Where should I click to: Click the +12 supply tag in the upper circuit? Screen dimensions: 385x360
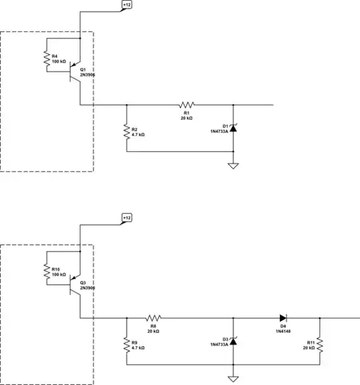(x=127, y=5)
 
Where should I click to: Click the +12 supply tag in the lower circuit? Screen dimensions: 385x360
(x=127, y=218)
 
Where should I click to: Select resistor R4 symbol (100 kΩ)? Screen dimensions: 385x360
(x=47, y=61)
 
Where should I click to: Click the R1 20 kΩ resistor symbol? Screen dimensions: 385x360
(x=186, y=105)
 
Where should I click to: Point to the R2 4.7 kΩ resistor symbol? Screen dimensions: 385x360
(x=126, y=131)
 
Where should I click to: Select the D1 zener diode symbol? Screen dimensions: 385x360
(x=233, y=127)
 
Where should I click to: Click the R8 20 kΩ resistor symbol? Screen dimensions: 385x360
(x=153, y=318)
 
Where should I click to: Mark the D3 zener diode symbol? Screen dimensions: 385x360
(x=233, y=341)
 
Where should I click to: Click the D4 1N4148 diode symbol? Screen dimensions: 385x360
(x=283, y=318)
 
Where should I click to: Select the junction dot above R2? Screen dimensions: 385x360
(x=126, y=105)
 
